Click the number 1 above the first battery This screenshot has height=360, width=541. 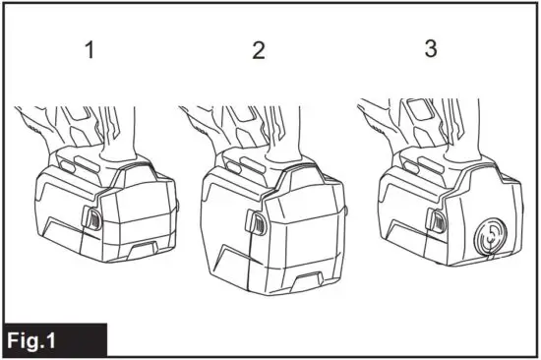pyautogui.click(x=90, y=50)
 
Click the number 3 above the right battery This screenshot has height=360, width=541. pyautogui.click(x=430, y=49)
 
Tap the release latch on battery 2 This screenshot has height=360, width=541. pyautogui.click(x=256, y=225)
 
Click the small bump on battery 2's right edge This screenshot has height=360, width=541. pyautogui.click(x=348, y=210)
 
